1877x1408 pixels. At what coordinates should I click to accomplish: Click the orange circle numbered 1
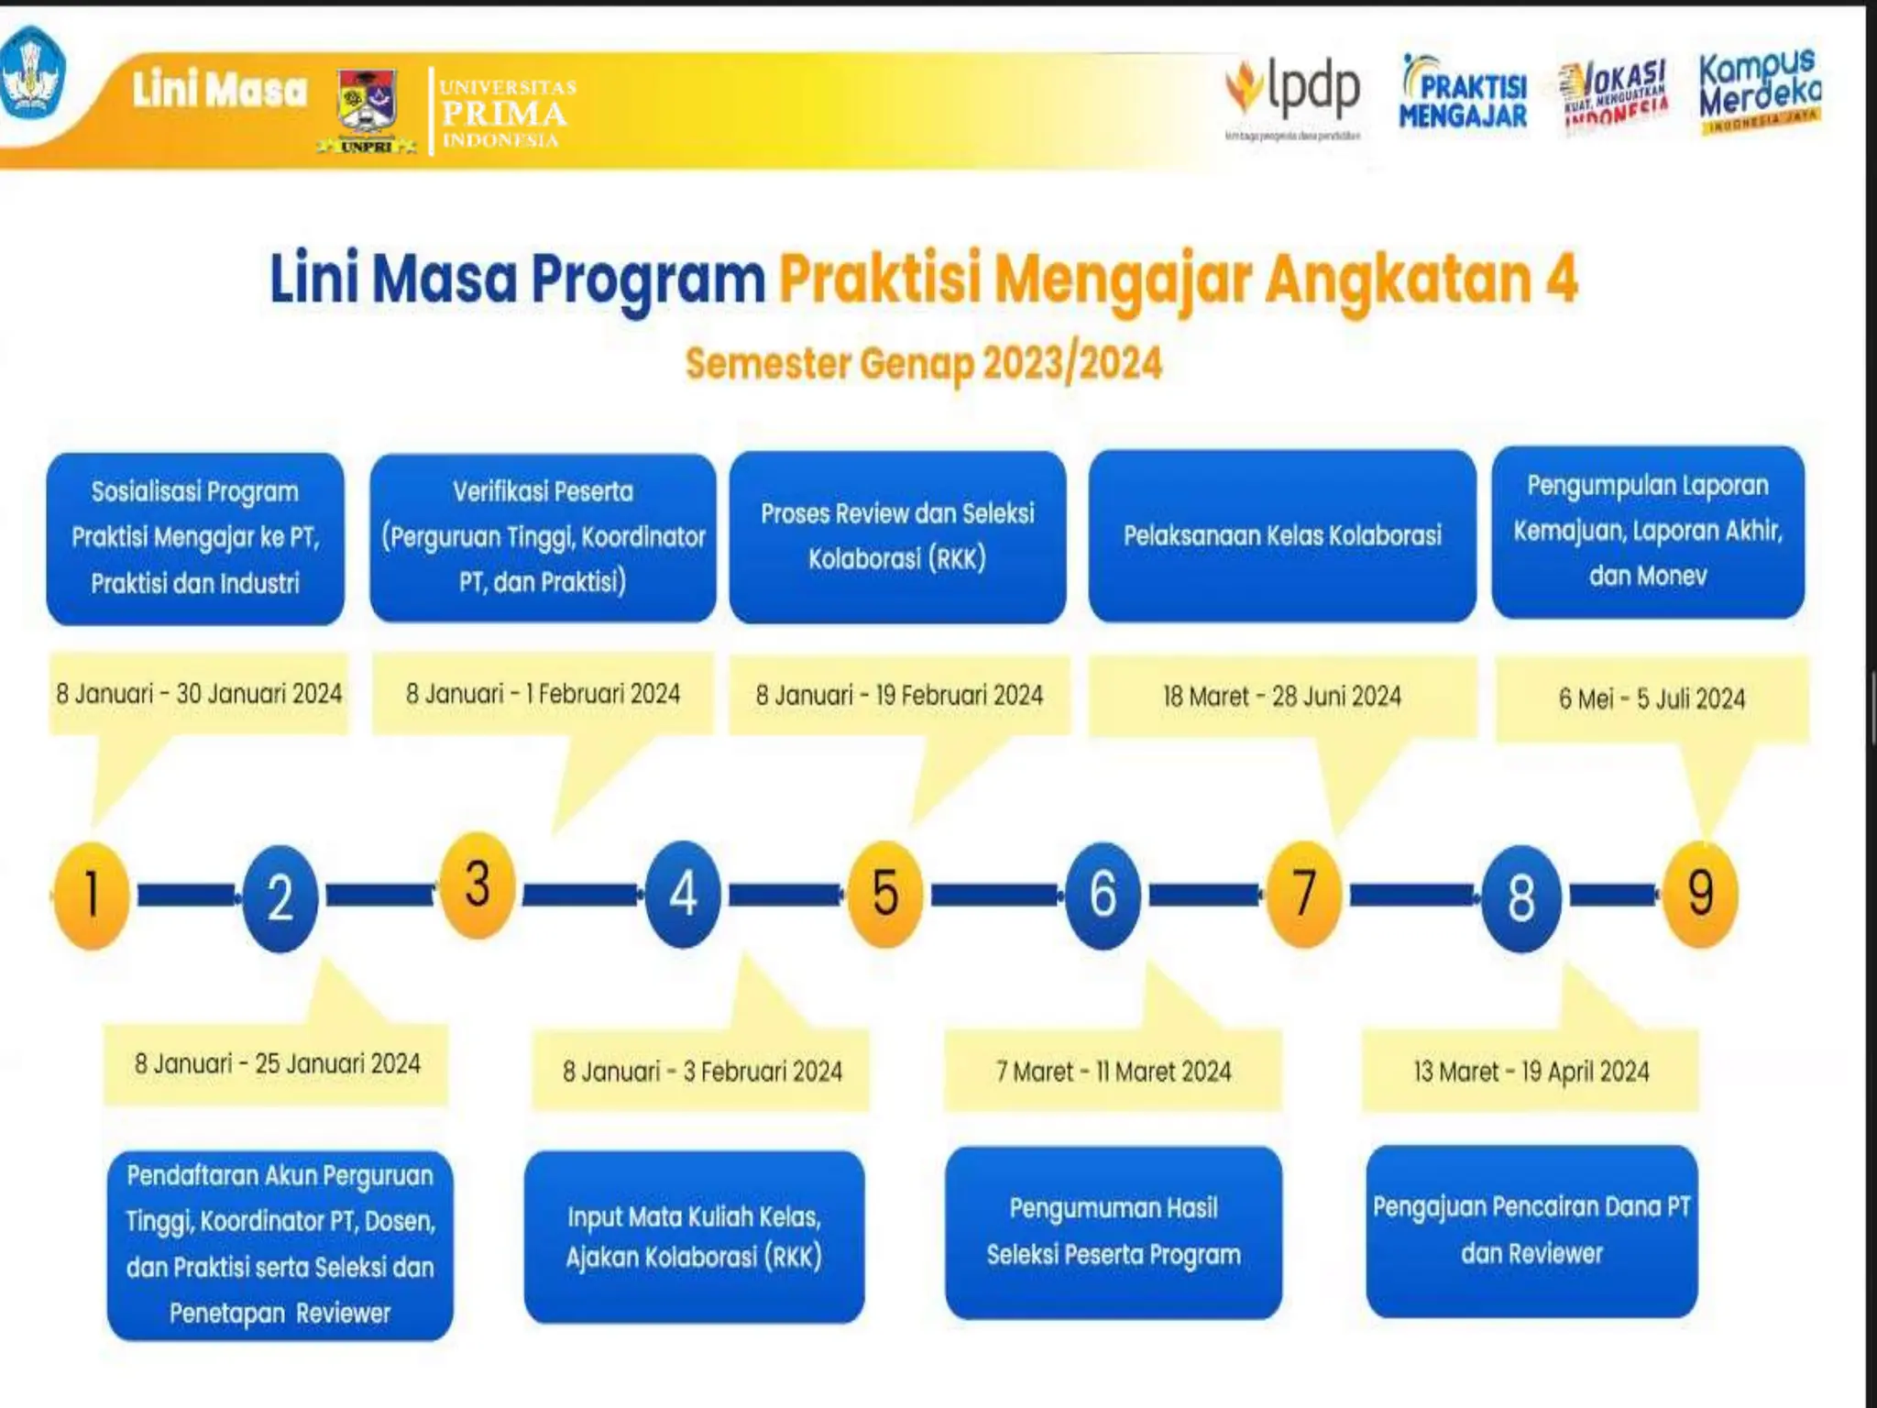pos(91,895)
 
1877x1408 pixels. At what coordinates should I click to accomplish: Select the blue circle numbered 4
pos(683,895)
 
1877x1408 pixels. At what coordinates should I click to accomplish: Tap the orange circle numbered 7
pos(1304,894)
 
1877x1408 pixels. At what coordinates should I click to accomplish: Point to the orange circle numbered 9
pos(1700,894)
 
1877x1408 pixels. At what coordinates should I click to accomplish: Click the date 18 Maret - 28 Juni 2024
pos(1282,697)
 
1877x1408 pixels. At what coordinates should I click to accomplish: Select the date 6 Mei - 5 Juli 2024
pos(1652,699)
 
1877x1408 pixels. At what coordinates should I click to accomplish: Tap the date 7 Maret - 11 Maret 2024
pos(1114,1072)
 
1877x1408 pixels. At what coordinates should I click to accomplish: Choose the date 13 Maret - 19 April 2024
pos(1531,1072)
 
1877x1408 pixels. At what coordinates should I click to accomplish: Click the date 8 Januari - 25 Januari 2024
pos(277,1064)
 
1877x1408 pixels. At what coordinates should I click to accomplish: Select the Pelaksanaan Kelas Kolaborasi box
pos(1282,535)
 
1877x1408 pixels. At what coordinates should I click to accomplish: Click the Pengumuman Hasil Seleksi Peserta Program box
pos(1114,1232)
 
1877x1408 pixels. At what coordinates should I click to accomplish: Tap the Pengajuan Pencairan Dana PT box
pos(1531,1230)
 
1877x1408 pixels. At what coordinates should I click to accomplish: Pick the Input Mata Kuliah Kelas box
pos(694,1237)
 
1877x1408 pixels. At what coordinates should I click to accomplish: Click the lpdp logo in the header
pos(1294,92)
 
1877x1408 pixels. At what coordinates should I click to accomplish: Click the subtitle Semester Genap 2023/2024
pos(924,364)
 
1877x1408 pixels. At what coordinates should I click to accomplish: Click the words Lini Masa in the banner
pos(219,91)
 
